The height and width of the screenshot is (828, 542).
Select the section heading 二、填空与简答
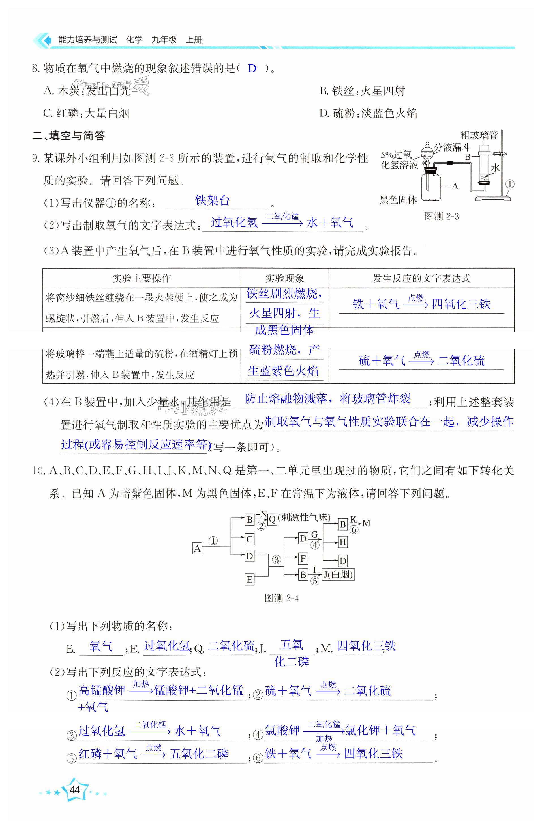click(x=68, y=136)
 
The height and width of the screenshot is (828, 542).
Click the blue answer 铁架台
click(x=212, y=200)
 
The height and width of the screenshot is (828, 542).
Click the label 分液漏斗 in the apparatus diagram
click(x=452, y=148)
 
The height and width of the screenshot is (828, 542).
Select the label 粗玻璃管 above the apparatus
click(x=479, y=135)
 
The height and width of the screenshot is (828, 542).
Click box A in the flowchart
click(x=197, y=549)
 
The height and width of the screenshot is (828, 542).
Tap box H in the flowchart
click(x=343, y=542)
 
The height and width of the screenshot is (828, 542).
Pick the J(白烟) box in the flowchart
click(x=338, y=574)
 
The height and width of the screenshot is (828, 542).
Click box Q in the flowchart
click(x=272, y=519)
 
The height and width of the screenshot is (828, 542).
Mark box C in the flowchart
click(x=249, y=539)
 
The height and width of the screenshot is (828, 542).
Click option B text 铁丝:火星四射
click(x=362, y=91)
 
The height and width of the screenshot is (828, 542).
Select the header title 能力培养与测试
click(x=88, y=40)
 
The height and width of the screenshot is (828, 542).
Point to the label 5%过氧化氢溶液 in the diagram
click(x=399, y=160)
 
